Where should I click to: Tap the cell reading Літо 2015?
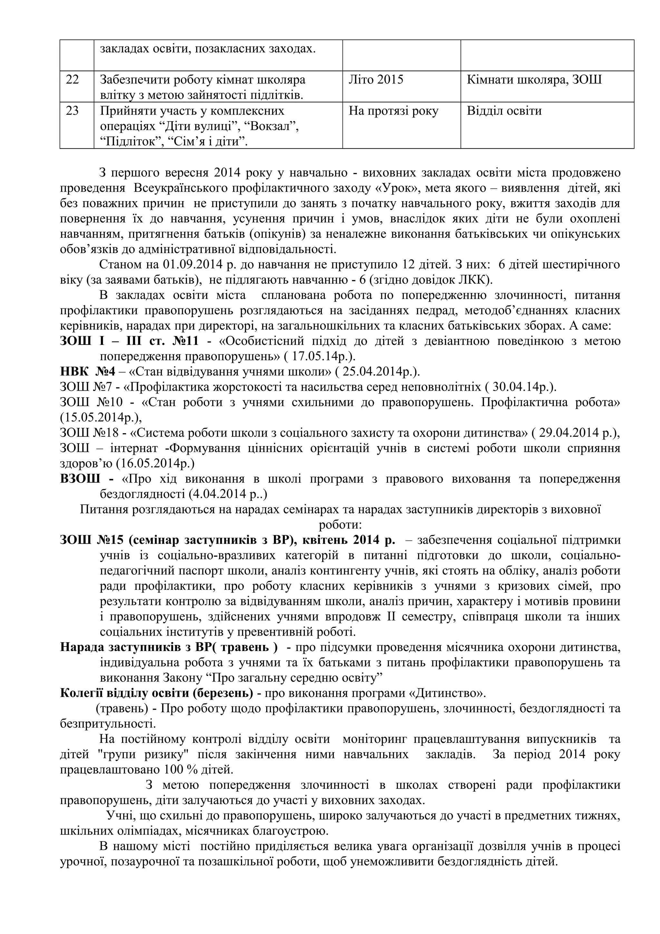pos(376,80)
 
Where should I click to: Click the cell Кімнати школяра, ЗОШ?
pos(534,80)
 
